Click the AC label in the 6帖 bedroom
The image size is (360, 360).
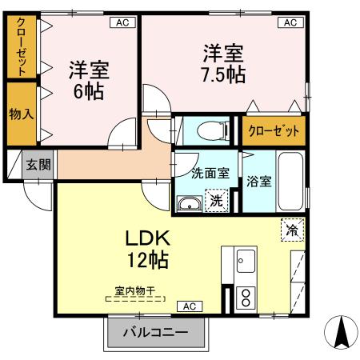tap(122, 23)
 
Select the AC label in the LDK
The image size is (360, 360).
tap(190, 306)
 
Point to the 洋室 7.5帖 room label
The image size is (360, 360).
tap(222, 65)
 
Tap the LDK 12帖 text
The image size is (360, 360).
tap(146, 249)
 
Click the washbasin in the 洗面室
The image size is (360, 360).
tap(190, 203)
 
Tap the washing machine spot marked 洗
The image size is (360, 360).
tap(217, 200)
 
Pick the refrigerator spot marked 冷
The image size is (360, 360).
tap(291, 230)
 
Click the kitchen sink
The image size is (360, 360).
tap(245, 261)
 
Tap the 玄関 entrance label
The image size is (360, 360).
tap(38, 165)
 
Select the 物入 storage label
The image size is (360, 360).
tap(20, 113)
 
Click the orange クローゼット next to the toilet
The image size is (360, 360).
tap(274, 131)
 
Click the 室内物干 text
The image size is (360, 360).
tap(134, 292)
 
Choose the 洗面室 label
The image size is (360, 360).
tap(210, 173)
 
